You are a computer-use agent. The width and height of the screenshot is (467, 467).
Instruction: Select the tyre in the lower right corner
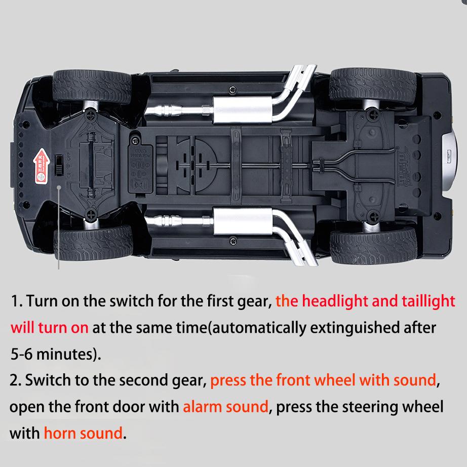(373, 245)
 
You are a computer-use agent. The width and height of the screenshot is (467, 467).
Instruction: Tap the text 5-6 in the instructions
(24, 354)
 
